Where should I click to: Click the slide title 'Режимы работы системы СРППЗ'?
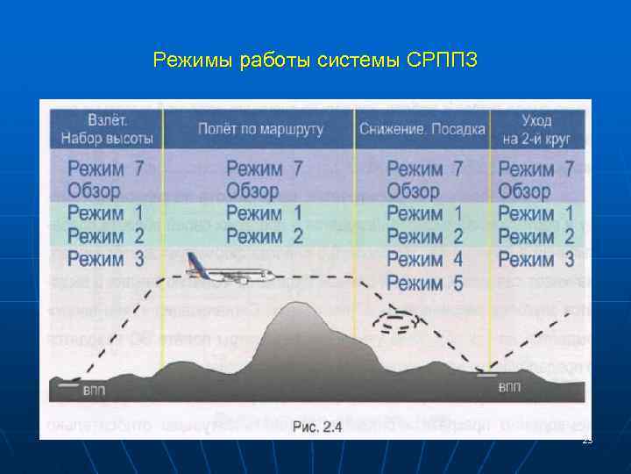coord(315,61)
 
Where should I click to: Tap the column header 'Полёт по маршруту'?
coord(260,129)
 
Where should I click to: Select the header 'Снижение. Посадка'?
coord(422,129)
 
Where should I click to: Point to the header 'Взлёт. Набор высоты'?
coord(107,128)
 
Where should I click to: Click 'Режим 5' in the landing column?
coord(424,283)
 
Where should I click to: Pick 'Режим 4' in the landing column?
coord(424,260)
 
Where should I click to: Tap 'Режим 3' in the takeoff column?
coord(106,259)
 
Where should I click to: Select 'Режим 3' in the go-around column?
coord(536,259)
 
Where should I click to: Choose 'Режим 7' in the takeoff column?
coord(106,169)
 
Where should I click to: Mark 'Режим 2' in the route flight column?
coord(265,236)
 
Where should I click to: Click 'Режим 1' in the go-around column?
coord(536,213)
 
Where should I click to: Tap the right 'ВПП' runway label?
coord(508,386)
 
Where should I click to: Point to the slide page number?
coord(586,440)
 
